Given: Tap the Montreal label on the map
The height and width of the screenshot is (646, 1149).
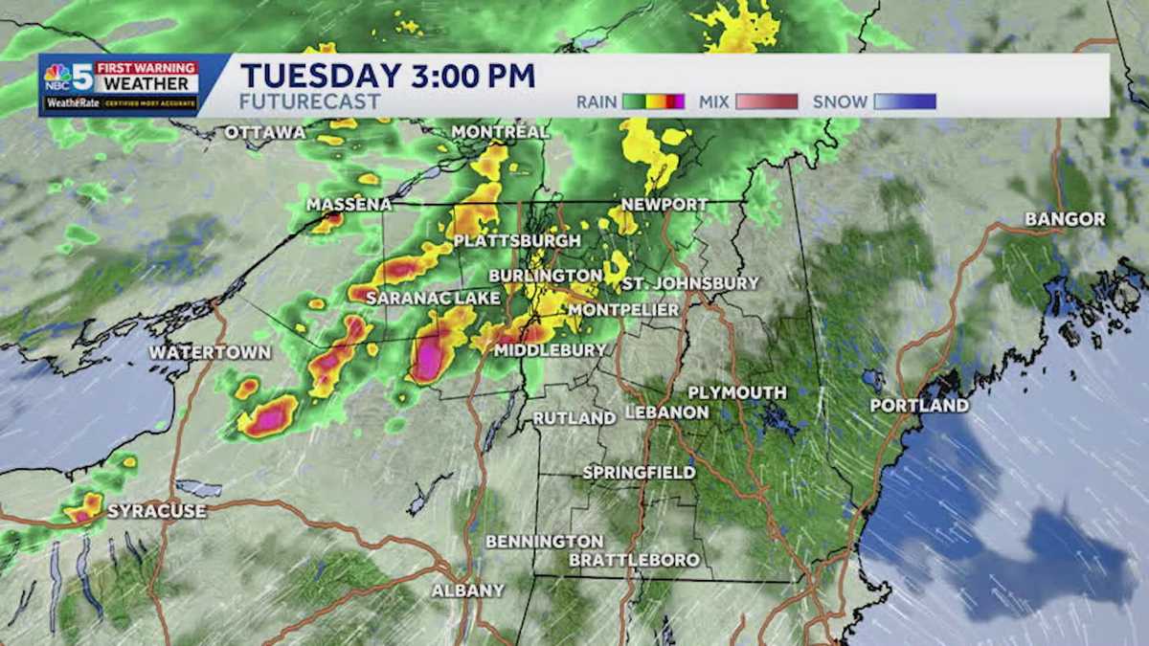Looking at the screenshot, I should pos(499,131).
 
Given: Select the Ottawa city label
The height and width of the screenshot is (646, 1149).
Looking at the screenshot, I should pos(265,132).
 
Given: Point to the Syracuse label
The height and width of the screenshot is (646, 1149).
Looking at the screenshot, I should pos(156,511).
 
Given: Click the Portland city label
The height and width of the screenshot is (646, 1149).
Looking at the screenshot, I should pos(918,406).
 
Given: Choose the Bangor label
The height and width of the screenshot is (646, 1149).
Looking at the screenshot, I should pos(1065,219).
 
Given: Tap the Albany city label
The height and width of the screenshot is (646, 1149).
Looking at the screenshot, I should pos(467,590).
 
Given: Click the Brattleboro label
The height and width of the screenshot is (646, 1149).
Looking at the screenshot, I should pos(634,560).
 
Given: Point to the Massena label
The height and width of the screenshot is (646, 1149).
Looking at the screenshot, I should pos(349,205).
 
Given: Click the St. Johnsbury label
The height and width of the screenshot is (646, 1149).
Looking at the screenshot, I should pos(690,283).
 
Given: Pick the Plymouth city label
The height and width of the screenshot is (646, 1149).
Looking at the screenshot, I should pos(736,392).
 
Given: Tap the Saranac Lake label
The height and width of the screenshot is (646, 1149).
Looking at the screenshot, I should pos(433,299).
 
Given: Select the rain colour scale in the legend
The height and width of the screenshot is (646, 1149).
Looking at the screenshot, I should pos(653,101).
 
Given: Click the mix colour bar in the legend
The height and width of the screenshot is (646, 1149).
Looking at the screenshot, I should pos(766,101).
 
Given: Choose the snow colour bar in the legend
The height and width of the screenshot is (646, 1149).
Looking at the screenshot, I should pos(904,101).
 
